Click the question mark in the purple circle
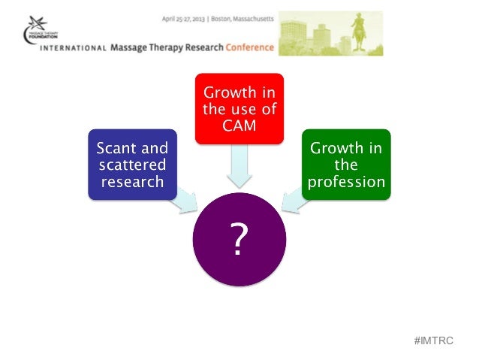point(239,240)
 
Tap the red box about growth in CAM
point(239,107)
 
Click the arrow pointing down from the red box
point(239,165)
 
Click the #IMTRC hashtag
point(434,340)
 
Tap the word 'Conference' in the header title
point(248,47)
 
